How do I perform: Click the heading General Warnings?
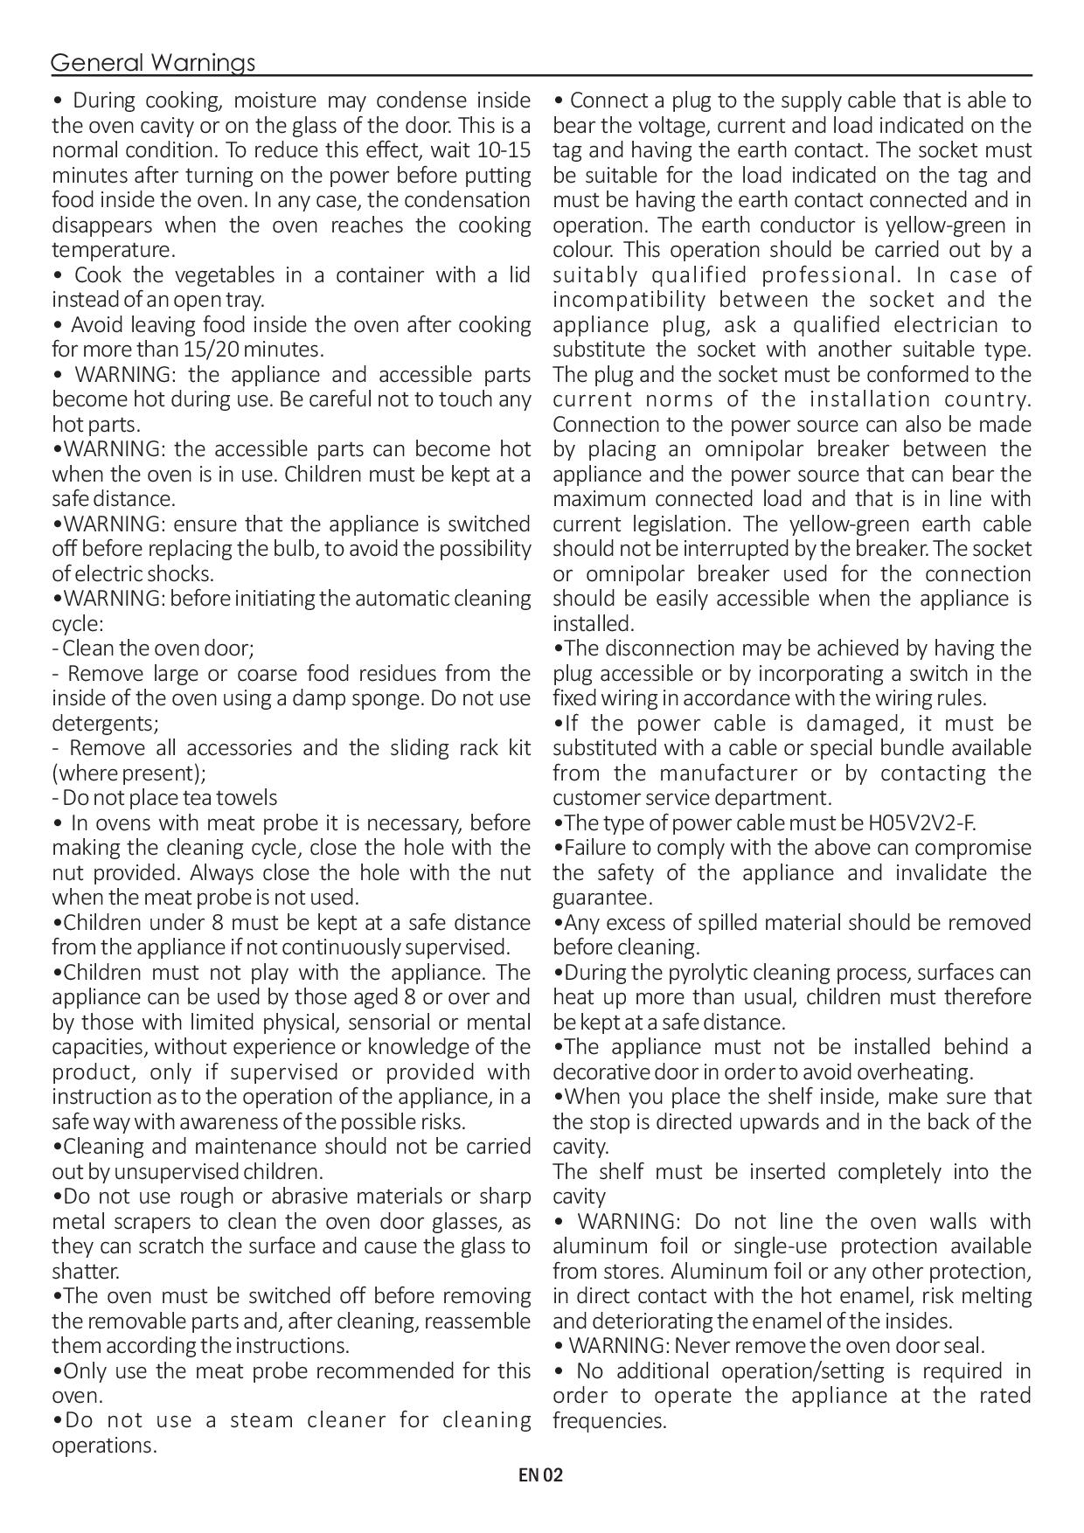153,63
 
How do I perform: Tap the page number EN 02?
541,1476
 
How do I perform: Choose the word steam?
261,1420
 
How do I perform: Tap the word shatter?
85,1272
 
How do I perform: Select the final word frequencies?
608,1420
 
